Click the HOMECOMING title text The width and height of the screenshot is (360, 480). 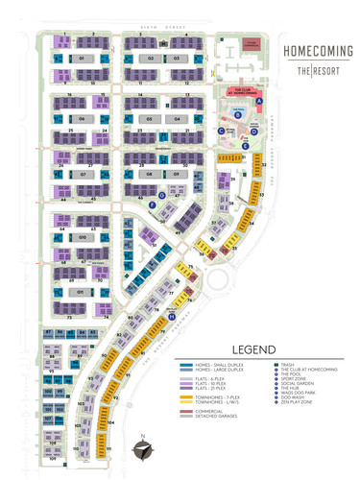[x=311, y=48]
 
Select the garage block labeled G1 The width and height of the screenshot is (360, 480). [x=83, y=59]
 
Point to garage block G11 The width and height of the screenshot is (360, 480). [x=83, y=292]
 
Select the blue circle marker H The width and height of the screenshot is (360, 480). [x=171, y=316]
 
